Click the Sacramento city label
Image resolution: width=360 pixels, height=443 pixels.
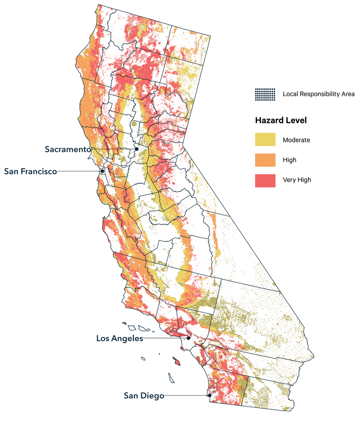(x=68, y=149)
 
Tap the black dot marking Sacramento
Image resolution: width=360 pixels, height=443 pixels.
(x=136, y=149)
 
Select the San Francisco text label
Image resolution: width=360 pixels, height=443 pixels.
(x=30, y=171)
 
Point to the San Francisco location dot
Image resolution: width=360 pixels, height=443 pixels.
(x=102, y=171)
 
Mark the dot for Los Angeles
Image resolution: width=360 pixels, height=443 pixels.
(x=189, y=338)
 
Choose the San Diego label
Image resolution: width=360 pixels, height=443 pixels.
(x=144, y=396)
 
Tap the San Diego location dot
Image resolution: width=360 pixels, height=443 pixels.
(x=209, y=395)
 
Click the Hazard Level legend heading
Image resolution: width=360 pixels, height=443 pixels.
(x=280, y=121)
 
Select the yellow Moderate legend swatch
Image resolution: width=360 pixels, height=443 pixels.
(x=265, y=140)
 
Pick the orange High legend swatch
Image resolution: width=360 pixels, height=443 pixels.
(x=265, y=160)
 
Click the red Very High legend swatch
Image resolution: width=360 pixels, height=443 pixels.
(x=265, y=180)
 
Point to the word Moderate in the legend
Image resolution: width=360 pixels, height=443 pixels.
(x=296, y=140)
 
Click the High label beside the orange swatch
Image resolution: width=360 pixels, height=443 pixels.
(x=289, y=160)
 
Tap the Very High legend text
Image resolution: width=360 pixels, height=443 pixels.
(x=297, y=180)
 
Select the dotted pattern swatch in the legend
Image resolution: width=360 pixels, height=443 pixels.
(x=265, y=94)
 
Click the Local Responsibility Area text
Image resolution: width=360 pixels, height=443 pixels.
(x=318, y=94)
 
